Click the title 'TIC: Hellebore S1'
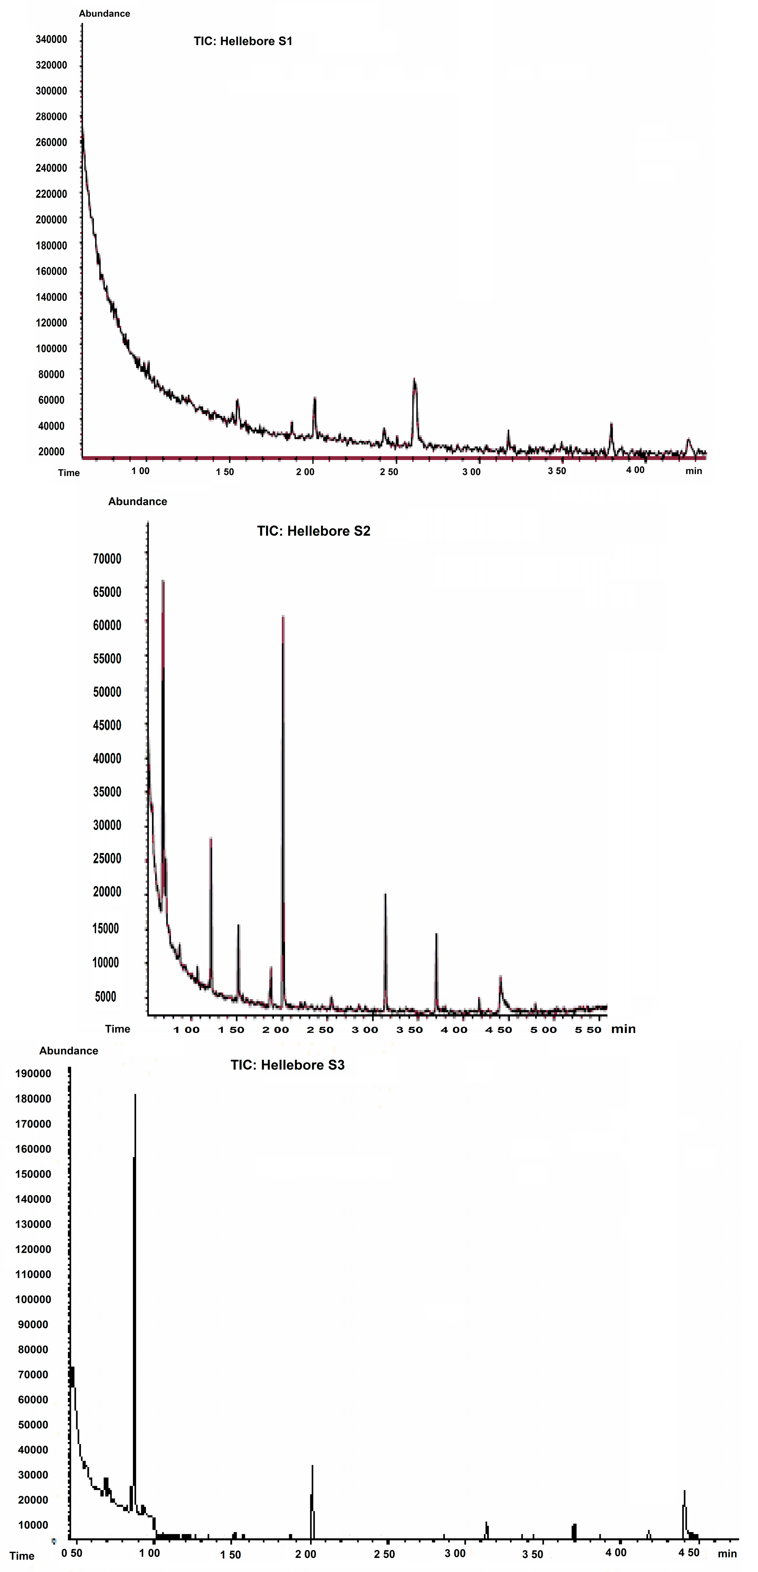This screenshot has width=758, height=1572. [x=243, y=42]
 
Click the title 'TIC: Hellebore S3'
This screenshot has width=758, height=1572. [x=287, y=1065]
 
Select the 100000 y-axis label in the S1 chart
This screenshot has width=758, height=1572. [x=51, y=349]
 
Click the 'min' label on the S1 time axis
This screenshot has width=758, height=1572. [x=693, y=471]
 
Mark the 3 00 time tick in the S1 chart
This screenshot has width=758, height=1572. [x=471, y=472]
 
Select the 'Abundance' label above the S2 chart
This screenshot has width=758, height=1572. [x=137, y=502]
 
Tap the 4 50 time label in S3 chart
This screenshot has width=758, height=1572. [x=689, y=1552]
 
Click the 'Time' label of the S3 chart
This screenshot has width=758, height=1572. [x=22, y=1556]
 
